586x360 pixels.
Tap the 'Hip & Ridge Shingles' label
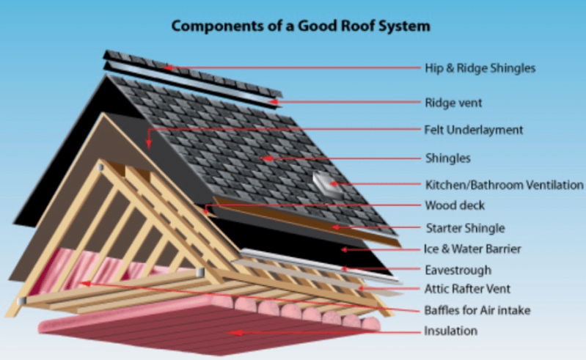tap(480, 68)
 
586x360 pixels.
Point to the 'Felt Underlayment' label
tap(474, 130)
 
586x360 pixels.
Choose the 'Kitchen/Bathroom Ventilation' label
tap(505, 184)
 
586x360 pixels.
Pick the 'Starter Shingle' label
tap(464, 227)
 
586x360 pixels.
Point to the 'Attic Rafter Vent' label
tap(467, 289)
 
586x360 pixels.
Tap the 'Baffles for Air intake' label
tap(477, 310)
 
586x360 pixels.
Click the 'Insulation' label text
tap(450, 331)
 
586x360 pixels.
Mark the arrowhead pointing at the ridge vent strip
tap(272, 101)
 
